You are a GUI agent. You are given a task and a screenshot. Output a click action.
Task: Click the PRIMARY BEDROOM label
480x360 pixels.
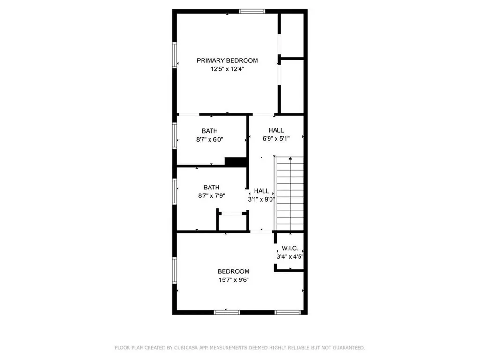[x=227, y=60]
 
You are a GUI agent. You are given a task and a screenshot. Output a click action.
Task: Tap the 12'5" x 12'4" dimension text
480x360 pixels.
[x=227, y=69]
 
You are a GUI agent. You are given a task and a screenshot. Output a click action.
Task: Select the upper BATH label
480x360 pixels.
[x=210, y=131]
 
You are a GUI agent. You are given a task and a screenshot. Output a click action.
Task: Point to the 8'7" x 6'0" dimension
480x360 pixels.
[x=210, y=139]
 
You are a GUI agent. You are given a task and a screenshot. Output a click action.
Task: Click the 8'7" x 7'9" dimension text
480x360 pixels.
[x=211, y=196]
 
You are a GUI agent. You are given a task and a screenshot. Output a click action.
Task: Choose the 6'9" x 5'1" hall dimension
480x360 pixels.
[x=276, y=138]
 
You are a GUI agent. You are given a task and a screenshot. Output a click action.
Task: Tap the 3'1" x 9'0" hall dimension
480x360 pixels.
[x=261, y=199]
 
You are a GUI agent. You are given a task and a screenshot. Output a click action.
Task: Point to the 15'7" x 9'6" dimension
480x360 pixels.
[x=233, y=280]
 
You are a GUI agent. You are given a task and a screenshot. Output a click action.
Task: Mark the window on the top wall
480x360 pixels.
[x=252, y=11]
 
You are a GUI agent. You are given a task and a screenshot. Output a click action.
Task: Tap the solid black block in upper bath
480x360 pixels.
[x=236, y=161]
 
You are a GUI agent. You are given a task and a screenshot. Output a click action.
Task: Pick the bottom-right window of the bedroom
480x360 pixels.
[x=288, y=312]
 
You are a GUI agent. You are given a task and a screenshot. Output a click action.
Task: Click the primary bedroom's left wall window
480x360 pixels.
[x=174, y=56]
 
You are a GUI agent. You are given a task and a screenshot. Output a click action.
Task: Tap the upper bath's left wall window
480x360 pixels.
[x=174, y=135]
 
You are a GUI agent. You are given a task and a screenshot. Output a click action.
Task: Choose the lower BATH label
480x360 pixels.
[x=211, y=187]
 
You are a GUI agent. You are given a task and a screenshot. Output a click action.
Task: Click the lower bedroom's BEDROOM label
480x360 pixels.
[x=233, y=271]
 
